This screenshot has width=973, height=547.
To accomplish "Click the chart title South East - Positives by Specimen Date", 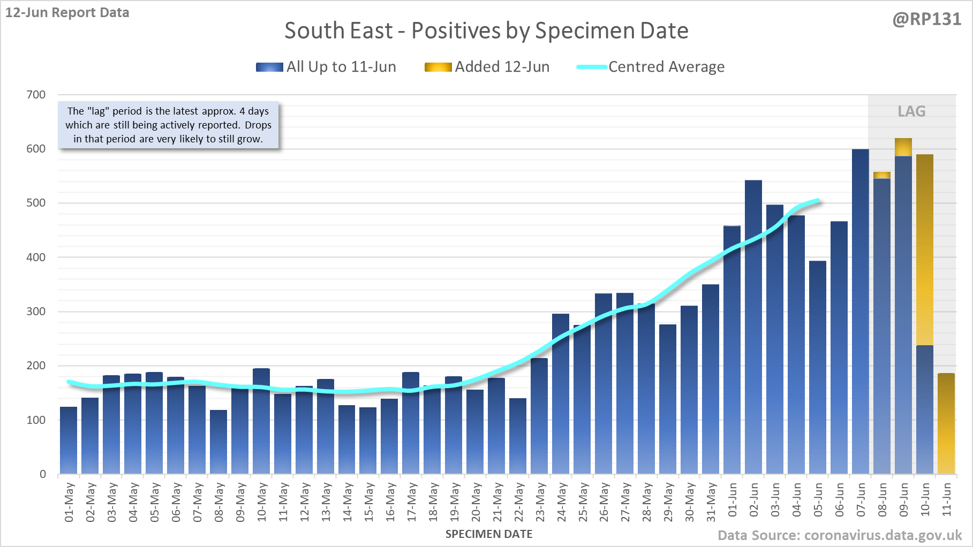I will pyautogui.click(x=486, y=31).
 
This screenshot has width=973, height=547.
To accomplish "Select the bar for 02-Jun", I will pyautogui.click(x=753, y=326).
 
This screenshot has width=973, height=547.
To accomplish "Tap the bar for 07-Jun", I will pyautogui.click(x=861, y=310).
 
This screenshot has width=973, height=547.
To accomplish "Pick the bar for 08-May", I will pyautogui.click(x=218, y=442).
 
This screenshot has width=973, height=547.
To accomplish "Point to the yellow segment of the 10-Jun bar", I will pyautogui.click(x=925, y=249).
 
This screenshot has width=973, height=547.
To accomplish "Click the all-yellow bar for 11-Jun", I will pyautogui.click(x=946, y=423).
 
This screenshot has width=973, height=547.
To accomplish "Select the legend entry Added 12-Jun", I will pyautogui.click(x=487, y=67).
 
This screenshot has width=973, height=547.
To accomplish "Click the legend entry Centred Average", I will pyautogui.click(x=651, y=67).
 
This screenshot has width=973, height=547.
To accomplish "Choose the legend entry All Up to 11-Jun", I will pyautogui.click(x=326, y=67).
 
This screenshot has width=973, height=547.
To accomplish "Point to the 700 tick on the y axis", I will pyautogui.click(x=36, y=95).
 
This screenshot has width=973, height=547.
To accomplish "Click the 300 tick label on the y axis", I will pyautogui.click(x=36, y=312).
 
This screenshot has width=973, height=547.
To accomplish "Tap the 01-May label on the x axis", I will pyautogui.click(x=69, y=502).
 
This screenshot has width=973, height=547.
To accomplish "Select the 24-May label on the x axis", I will pyautogui.click(x=561, y=502).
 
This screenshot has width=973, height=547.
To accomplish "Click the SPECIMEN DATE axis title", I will pyautogui.click(x=489, y=534).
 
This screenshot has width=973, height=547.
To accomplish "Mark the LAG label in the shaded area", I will pyautogui.click(x=911, y=111).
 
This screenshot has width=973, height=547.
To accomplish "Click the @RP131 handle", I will pyautogui.click(x=926, y=19).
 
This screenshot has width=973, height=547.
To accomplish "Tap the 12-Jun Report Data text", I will pyautogui.click(x=67, y=12).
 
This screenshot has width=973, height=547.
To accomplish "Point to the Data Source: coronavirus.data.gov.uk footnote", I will pyautogui.click(x=840, y=536).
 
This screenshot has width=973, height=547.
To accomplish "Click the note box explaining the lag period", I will pyautogui.click(x=168, y=125).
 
